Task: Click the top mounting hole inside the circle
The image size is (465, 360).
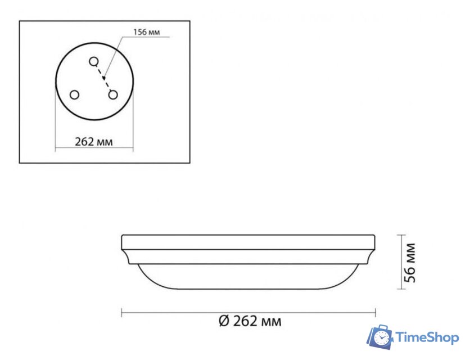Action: click(x=94, y=61)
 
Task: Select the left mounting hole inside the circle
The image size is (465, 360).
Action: click(x=74, y=95)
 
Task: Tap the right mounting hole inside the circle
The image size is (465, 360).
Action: click(x=114, y=95)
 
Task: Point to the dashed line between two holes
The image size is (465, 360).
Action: click(x=103, y=78)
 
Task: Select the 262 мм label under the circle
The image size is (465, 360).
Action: click(x=94, y=142)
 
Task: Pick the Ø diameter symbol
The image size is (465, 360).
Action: click(x=222, y=322)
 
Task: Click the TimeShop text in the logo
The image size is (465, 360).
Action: click(x=427, y=337)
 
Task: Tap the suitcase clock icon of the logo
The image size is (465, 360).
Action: click(x=381, y=337)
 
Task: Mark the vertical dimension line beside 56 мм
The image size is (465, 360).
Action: click(x=400, y=262)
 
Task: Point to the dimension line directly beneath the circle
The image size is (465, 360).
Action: click(x=94, y=150)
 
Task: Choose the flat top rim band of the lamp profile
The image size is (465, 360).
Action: click(x=249, y=242)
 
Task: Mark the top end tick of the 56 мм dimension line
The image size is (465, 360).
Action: click(x=400, y=235)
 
